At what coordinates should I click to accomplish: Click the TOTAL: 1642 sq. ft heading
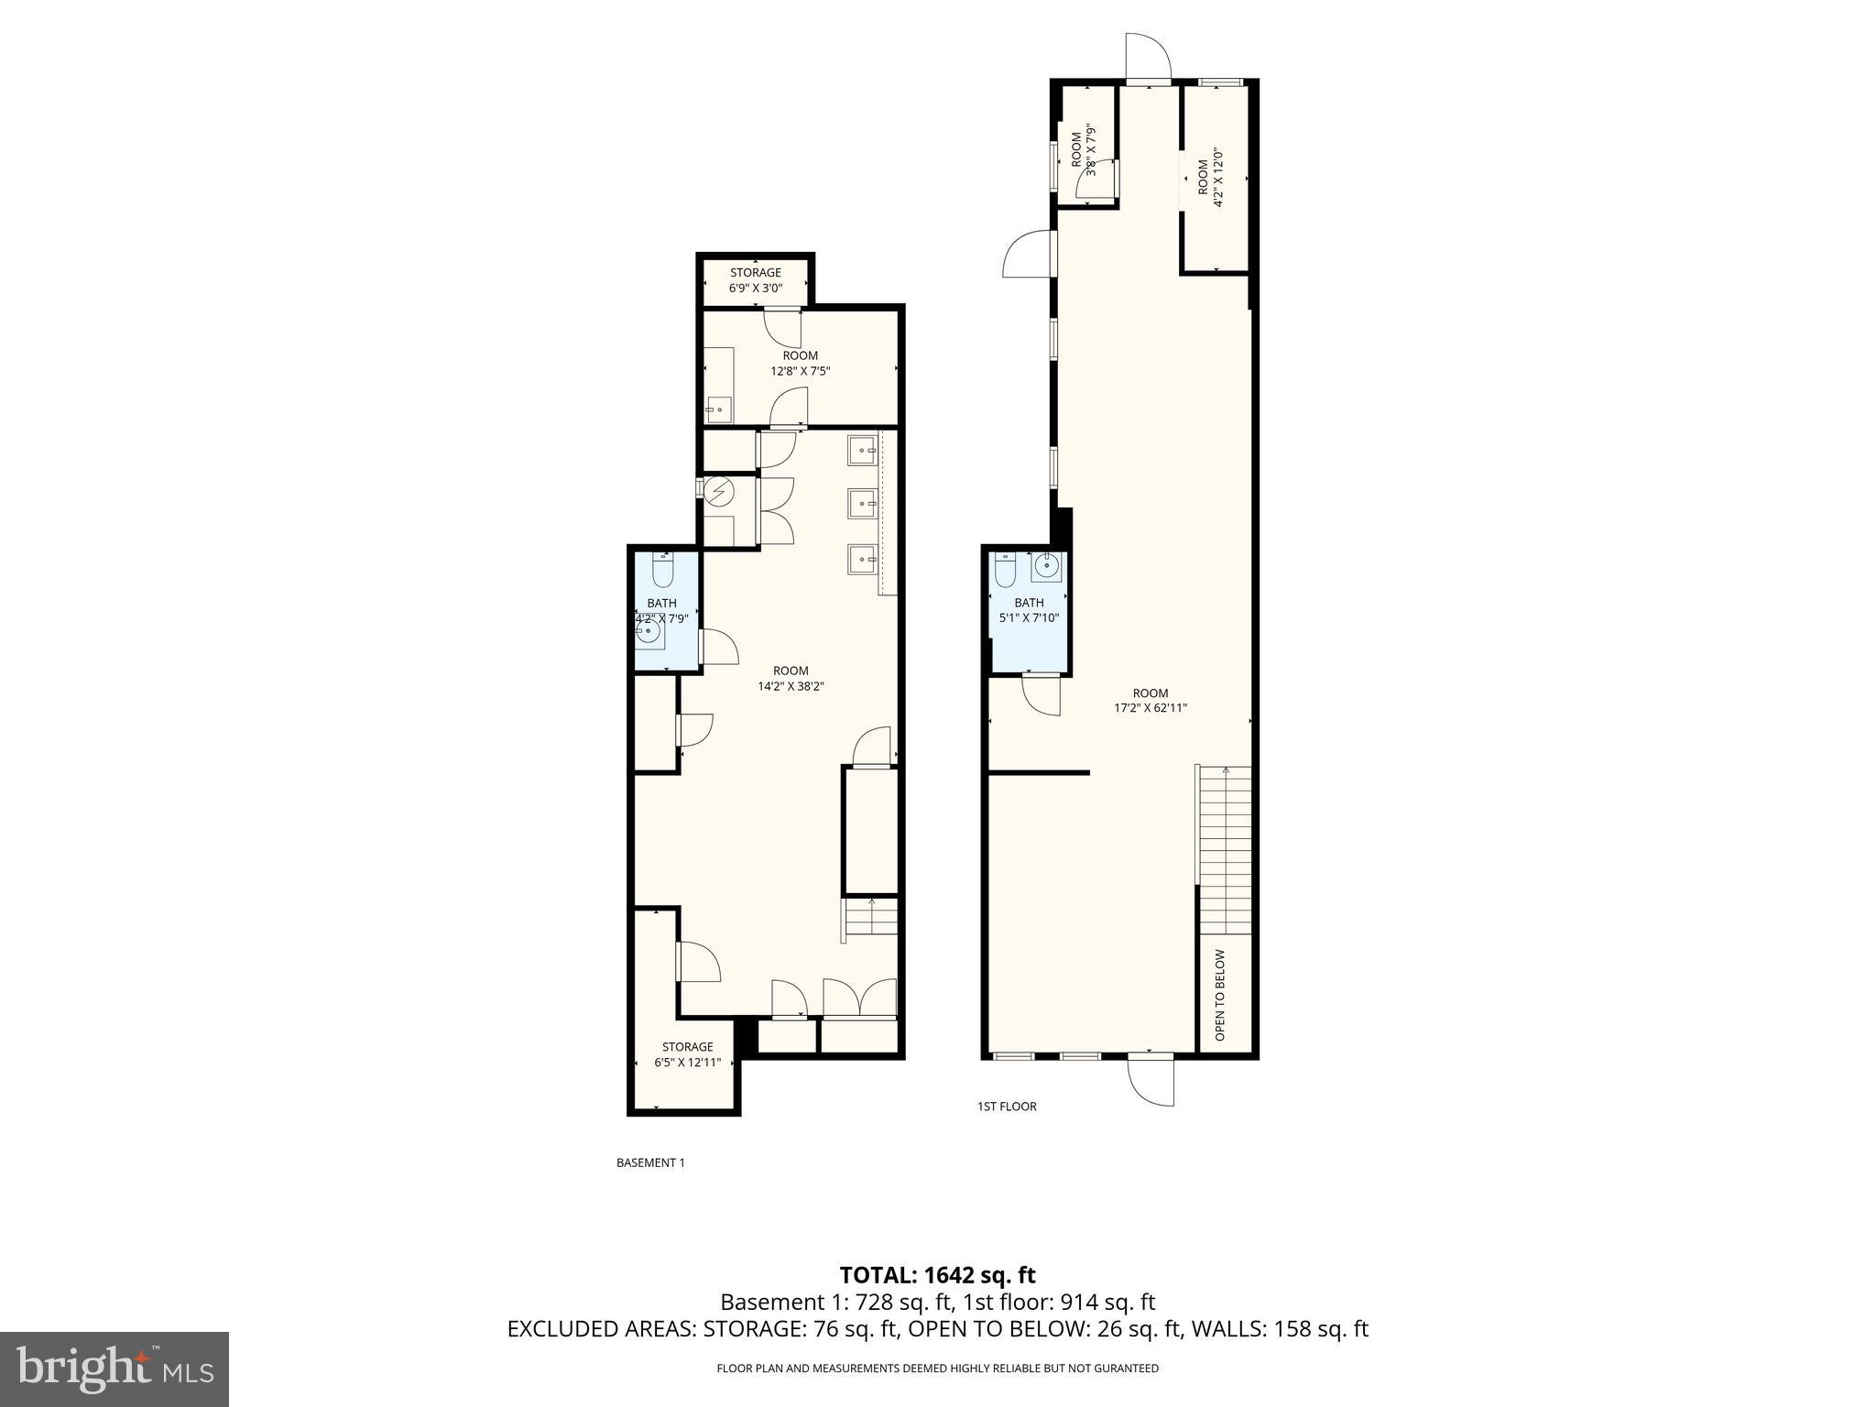(x=937, y=1274)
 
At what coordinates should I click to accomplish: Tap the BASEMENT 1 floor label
(x=650, y=1162)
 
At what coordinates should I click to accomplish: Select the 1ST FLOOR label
(x=1007, y=1106)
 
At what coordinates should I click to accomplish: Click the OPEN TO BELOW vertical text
(x=1220, y=995)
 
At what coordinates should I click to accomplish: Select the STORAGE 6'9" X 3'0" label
(x=756, y=280)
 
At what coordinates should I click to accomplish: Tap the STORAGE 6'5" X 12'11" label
(x=687, y=1054)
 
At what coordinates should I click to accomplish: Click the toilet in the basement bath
(x=662, y=572)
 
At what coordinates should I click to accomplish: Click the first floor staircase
(x=1225, y=847)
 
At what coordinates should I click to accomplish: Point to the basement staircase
(x=870, y=919)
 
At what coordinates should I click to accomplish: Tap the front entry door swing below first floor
(x=1151, y=1081)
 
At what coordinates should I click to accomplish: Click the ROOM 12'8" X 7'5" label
(x=800, y=363)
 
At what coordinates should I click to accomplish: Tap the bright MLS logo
(x=115, y=1369)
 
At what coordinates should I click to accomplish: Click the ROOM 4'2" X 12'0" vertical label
(x=1210, y=190)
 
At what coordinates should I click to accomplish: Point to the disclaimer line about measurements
(x=937, y=1369)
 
